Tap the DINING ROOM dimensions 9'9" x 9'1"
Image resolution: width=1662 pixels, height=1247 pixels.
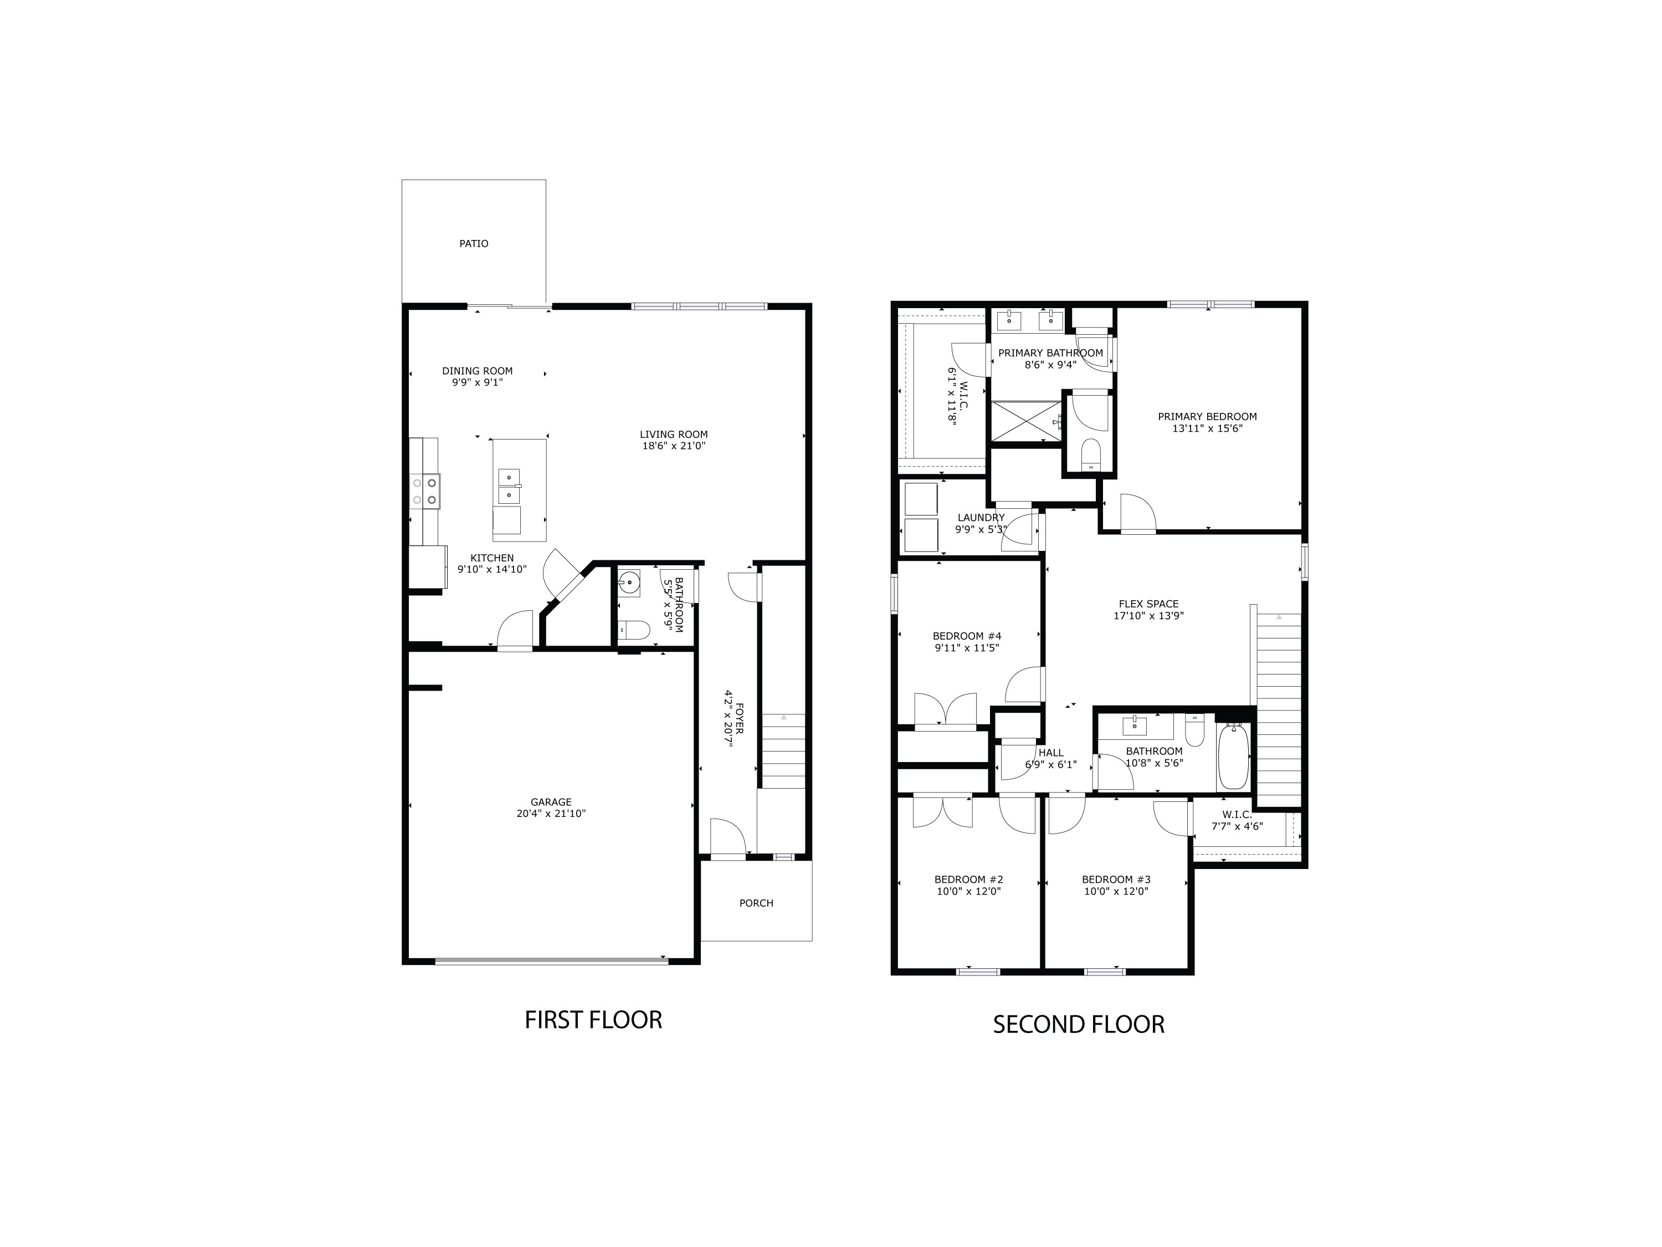477,382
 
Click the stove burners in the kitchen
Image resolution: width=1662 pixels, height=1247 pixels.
424,491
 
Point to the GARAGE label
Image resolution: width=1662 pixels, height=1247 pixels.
551,802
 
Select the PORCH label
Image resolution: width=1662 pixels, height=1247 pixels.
756,903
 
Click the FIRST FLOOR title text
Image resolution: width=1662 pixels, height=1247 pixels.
593,1020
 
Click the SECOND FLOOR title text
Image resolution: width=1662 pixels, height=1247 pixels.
1078,1025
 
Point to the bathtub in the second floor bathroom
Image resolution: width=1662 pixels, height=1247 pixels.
1233,755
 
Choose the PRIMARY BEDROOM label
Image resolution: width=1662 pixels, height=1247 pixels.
1207,416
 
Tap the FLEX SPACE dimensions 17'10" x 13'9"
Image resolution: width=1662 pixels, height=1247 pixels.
1148,616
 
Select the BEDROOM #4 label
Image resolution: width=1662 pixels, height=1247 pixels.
966,636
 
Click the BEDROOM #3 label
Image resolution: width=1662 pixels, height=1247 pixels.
1116,880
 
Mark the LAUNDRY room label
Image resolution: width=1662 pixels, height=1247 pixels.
981,518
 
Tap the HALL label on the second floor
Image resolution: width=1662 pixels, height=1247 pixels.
1050,753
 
